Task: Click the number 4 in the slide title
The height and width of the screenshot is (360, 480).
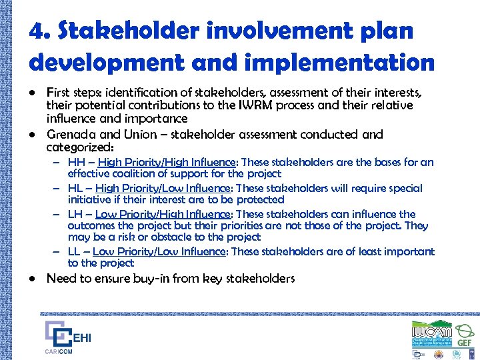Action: pyautogui.click(x=37, y=31)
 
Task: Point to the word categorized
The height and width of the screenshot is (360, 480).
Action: pyautogui.click(x=79, y=147)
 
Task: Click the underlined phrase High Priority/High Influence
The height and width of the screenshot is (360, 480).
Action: pyautogui.click(x=165, y=162)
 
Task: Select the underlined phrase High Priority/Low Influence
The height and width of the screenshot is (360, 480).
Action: pyautogui.click(x=163, y=188)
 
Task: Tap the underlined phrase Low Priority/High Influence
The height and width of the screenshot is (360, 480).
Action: pyautogui.click(x=164, y=214)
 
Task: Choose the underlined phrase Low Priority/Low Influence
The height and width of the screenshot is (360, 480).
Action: pyautogui.click(x=160, y=251)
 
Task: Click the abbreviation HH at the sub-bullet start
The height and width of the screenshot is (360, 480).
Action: pyautogui.click(x=76, y=162)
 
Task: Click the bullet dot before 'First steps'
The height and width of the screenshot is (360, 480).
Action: pyautogui.click(x=32, y=92)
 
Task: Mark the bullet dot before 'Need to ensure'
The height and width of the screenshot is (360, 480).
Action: pyautogui.click(x=32, y=279)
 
